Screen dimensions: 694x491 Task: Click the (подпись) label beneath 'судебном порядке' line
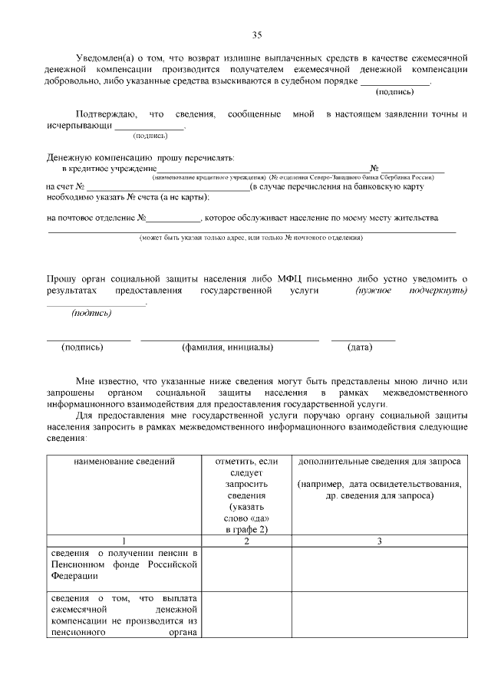pyautogui.click(x=394, y=92)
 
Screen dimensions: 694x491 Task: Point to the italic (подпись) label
pyautogui.click(x=91, y=313)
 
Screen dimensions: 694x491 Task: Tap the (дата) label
pyautogui.click(x=360, y=347)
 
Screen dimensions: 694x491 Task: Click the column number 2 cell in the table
pyautogui.click(x=246, y=541)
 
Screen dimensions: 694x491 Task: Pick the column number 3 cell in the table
pyautogui.click(x=379, y=541)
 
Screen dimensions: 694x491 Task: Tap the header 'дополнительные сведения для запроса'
pyautogui.click(x=379, y=462)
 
